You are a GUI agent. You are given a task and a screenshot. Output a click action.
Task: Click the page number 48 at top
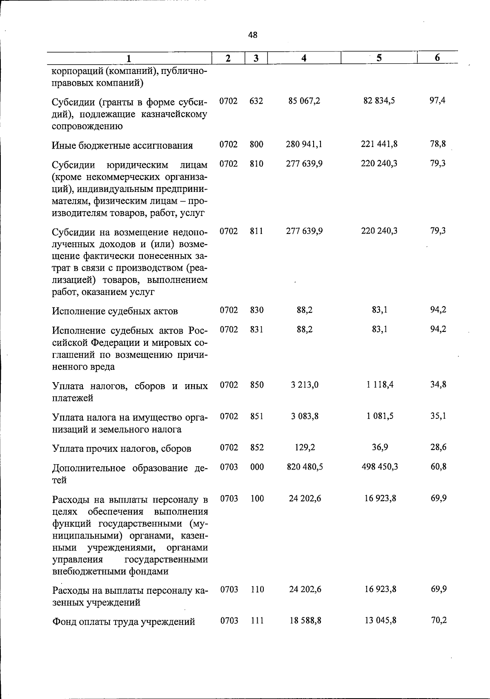(253, 35)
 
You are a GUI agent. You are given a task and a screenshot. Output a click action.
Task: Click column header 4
(304, 58)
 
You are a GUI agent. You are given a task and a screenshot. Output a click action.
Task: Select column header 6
(437, 58)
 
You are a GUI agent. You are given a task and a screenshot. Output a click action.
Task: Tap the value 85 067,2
(304, 101)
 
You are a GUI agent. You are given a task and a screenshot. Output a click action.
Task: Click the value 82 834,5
(379, 101)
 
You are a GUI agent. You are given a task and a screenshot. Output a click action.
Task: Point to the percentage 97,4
(437, 101)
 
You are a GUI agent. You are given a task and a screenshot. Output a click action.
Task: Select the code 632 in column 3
(256, 101)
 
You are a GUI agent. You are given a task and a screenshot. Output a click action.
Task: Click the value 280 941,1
(305, 144)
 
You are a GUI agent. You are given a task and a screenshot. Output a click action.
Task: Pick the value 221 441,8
(379, 144)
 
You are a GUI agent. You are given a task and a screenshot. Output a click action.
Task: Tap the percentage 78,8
(438, 144)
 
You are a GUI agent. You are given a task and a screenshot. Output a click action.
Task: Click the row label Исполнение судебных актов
(115, 311)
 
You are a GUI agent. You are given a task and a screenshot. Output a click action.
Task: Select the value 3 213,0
(305, 385)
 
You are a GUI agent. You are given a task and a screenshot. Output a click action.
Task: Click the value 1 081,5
(380, 416)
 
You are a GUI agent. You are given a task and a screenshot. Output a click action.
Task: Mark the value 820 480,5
(305, 467)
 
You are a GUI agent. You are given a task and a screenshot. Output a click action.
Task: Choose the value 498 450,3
(380, 467)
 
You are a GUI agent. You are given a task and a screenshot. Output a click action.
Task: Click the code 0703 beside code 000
(229, 467)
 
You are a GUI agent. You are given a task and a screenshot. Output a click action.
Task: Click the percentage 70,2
(439, 621)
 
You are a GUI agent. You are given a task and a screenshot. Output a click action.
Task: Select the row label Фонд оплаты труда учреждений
(123, 622)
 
